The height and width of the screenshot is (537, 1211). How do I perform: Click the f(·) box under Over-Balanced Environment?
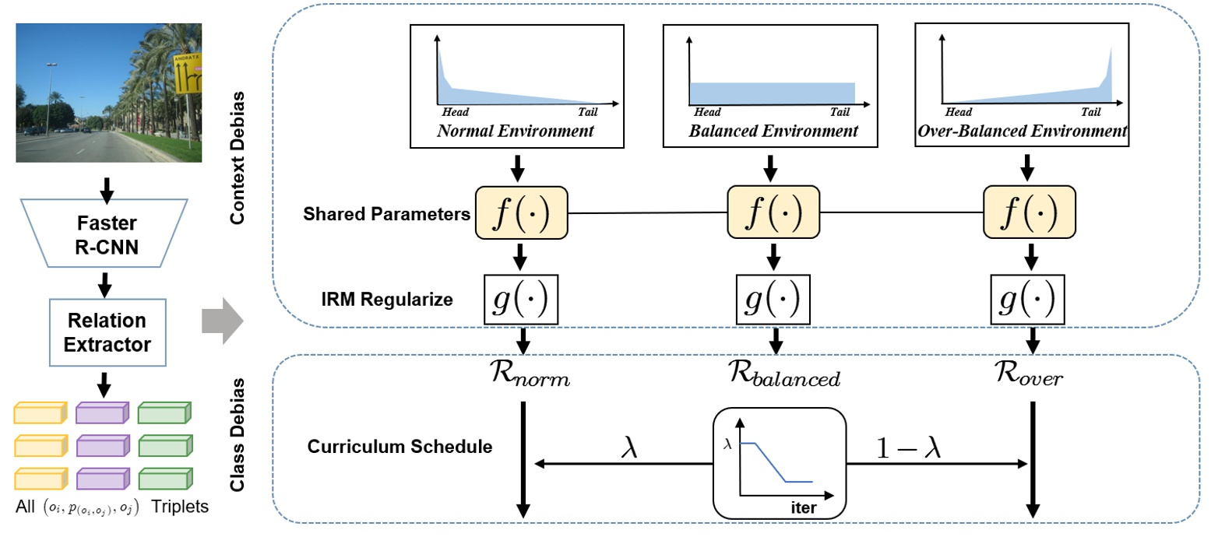tap(1029, 212)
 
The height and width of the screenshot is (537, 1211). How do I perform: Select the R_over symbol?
tap(1030, 377)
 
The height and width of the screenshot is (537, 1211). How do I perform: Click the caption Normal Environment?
tap(516, 131)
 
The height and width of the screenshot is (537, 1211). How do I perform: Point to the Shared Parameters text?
tap(385, 214)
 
